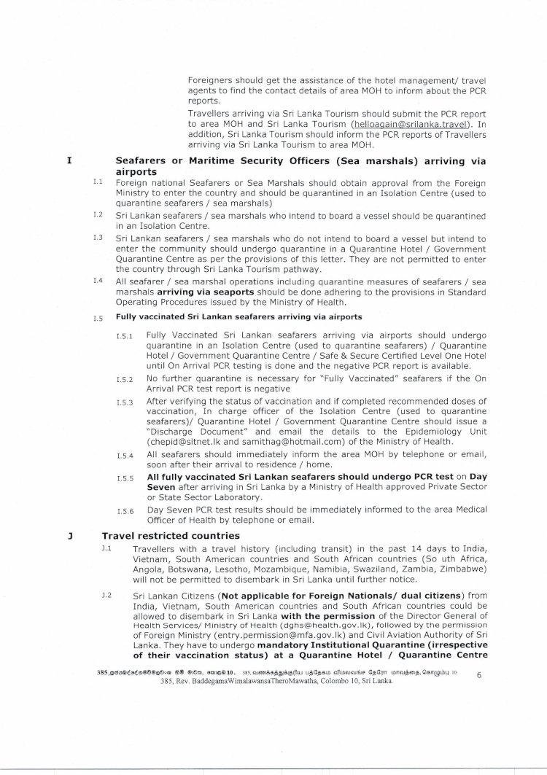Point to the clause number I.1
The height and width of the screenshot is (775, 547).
97,182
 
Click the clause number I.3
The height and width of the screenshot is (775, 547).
97,238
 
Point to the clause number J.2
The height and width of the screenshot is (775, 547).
106,596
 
